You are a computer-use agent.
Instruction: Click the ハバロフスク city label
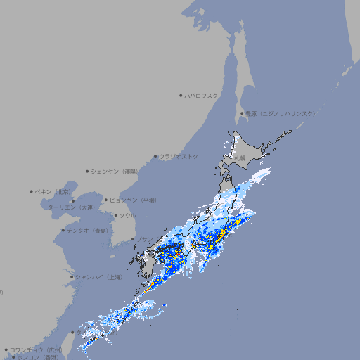coord(202,96)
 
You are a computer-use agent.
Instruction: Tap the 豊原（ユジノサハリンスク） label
coord(281,113)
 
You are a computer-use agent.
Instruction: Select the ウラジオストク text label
coord(179,156)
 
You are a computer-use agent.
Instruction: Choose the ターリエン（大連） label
coord(71,207)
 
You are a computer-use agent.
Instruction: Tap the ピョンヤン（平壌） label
coord(134,200)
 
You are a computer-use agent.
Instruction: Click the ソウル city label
coord(127,215)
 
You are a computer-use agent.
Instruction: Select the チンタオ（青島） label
coord(87,230)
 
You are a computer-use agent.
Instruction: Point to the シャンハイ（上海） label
coord(98,277)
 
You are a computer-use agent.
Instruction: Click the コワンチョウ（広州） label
coord(36,349)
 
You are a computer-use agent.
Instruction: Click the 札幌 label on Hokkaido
coord(240,159)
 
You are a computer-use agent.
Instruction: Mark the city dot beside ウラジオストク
coord(155,156)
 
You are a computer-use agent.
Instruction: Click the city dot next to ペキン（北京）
coord(32,191)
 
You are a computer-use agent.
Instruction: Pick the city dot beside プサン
coord(132,239)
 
